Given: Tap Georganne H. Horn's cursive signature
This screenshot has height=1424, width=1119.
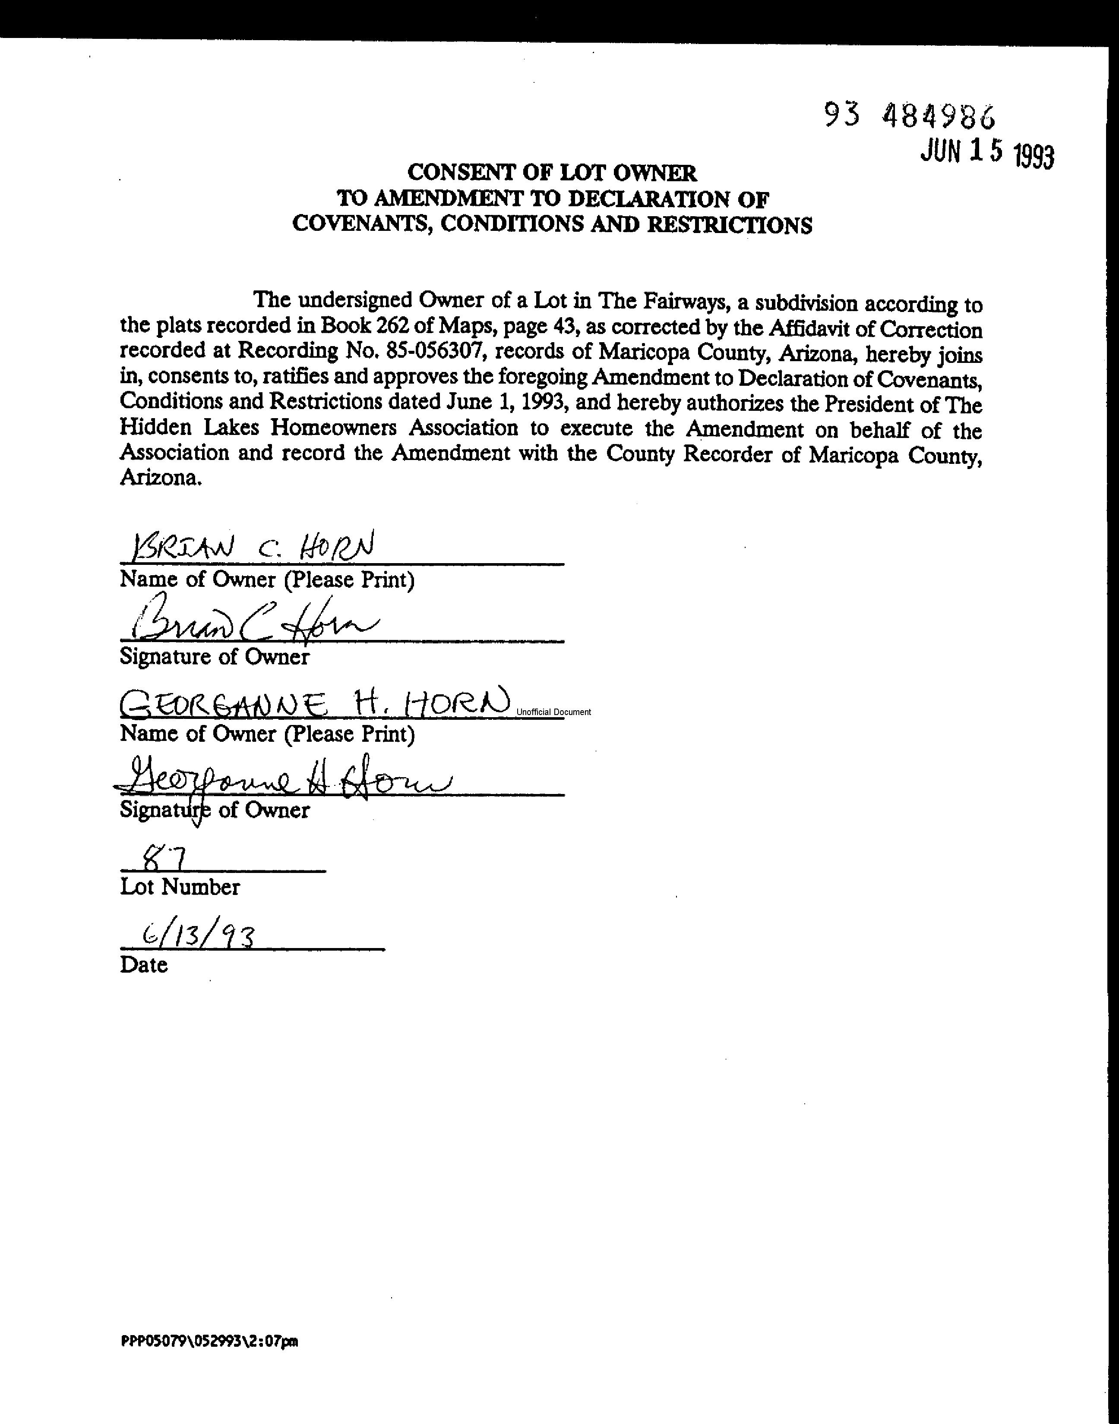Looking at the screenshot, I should click(x=282, y=779).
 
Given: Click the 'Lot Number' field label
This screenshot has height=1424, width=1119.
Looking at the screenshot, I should click(x=180, y=887).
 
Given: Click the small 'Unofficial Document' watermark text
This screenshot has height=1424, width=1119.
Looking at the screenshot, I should click(x=553, y=712).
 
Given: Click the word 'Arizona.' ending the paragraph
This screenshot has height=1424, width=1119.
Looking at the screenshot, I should click(x=160, y=479).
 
